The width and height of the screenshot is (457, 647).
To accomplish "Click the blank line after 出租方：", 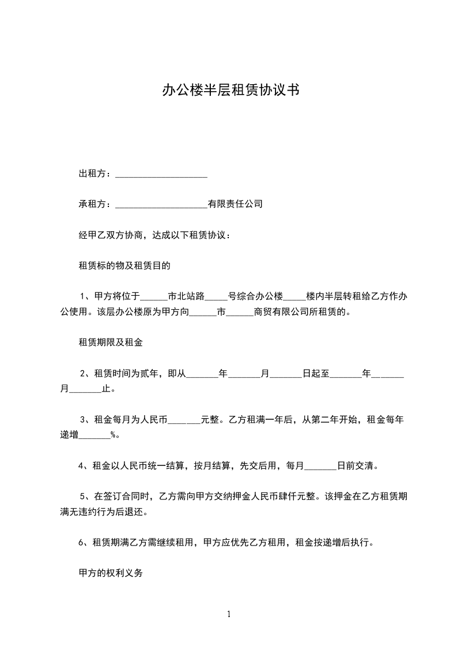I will click(161, 174).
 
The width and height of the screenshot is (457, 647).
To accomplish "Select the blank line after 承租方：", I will click(161, 204).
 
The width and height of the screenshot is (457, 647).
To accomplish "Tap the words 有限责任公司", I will click(235, 204).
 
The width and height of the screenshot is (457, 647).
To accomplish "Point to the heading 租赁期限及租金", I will click(110, 343).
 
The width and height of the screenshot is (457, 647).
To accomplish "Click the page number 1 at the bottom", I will click(229, 614).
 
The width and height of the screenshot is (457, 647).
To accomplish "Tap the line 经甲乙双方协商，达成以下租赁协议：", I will click(154, 235).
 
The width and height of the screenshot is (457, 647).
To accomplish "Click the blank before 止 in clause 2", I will click(85, 389).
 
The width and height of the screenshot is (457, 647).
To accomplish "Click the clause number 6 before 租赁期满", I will click(80, 543).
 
